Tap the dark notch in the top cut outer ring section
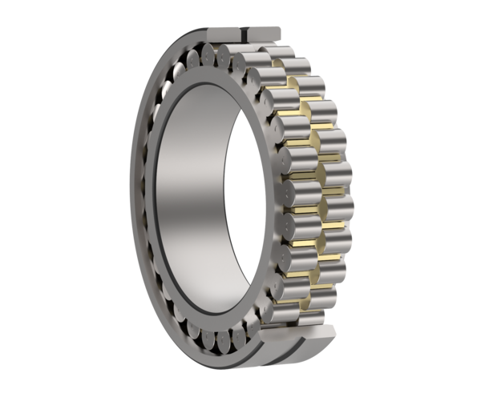pyautogui.click(x=245, y=33)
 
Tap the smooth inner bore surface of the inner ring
pyautogui.click(x=192, y=200)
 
